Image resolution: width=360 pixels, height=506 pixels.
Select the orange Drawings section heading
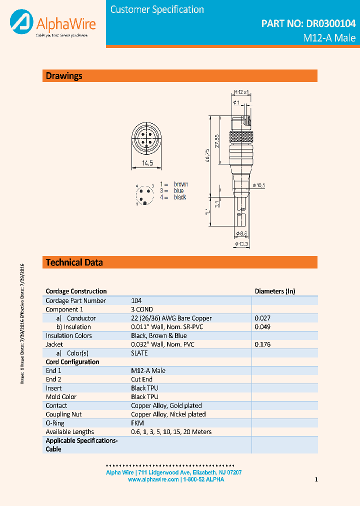pyautogui.click(x=64, y=76)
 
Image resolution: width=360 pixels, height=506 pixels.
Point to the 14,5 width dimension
pyautogui.click(x=146, y=163)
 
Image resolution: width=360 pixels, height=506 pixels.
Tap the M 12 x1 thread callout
pyautogui.click(x=241, y=92)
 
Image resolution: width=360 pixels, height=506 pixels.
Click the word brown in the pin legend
pyautogui.click(x=181, y=184)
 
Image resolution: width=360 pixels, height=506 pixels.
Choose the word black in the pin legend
pyautogui.click(x=180, y=197)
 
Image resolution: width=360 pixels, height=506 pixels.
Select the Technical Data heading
pyautogui.click(x=74, y=262)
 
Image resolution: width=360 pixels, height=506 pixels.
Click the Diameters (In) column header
pyautogui.click(x=275, y=291)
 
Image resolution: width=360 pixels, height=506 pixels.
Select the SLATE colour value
pyautogui.click(x=139, y=353)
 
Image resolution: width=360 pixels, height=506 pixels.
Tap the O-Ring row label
pyautogui.click(x=55, y=423)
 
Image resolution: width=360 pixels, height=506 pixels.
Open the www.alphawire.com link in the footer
pyautogui.click(x=153, y=479)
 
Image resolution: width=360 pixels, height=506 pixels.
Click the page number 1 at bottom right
pyautogui.click(x=316, y=480)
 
